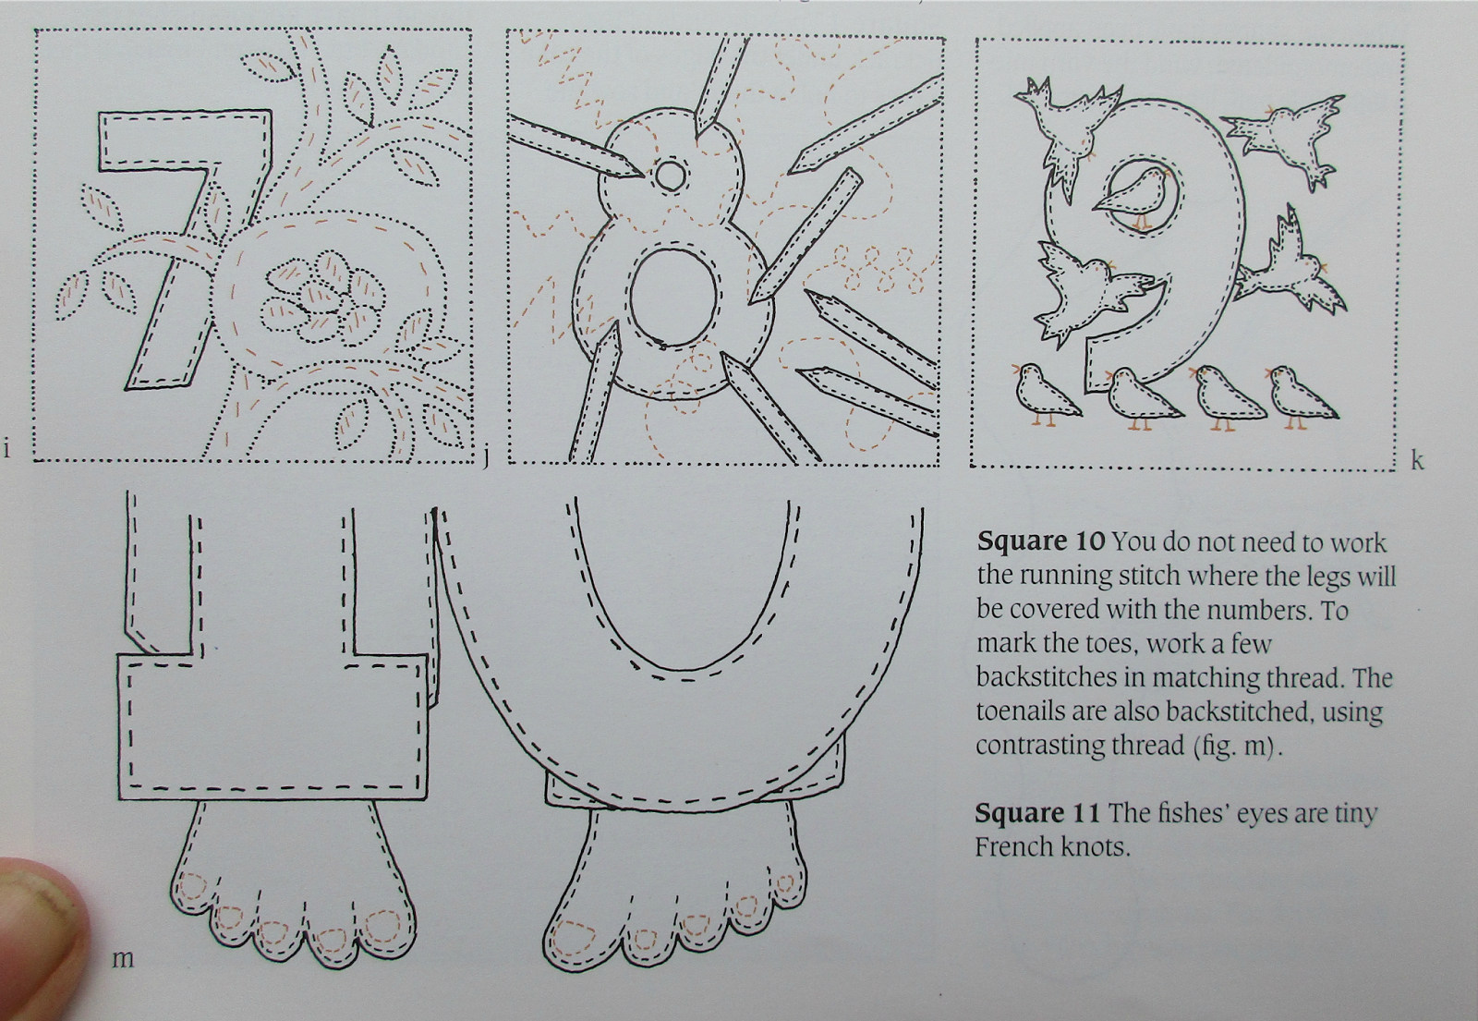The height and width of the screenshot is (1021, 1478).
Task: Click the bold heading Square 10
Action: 1040,542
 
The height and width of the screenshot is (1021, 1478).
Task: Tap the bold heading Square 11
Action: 1038,813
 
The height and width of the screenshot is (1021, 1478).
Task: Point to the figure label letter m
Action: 123,958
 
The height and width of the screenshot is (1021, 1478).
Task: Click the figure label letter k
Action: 1417,460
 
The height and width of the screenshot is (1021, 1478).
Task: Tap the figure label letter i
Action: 6,449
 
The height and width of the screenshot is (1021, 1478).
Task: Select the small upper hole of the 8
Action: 671,176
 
